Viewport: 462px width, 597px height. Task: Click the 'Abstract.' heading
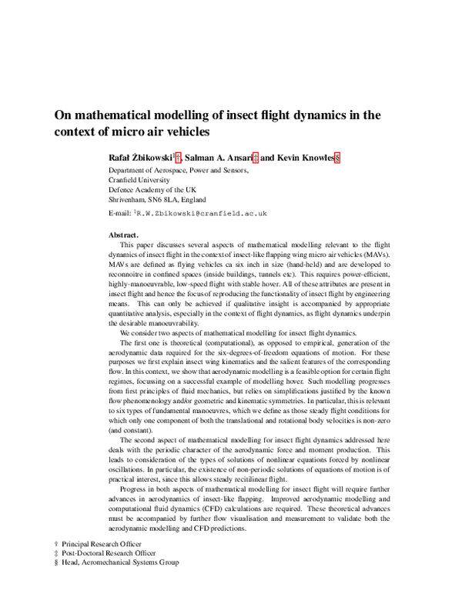124,234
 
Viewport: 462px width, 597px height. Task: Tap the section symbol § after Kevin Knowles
336,157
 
